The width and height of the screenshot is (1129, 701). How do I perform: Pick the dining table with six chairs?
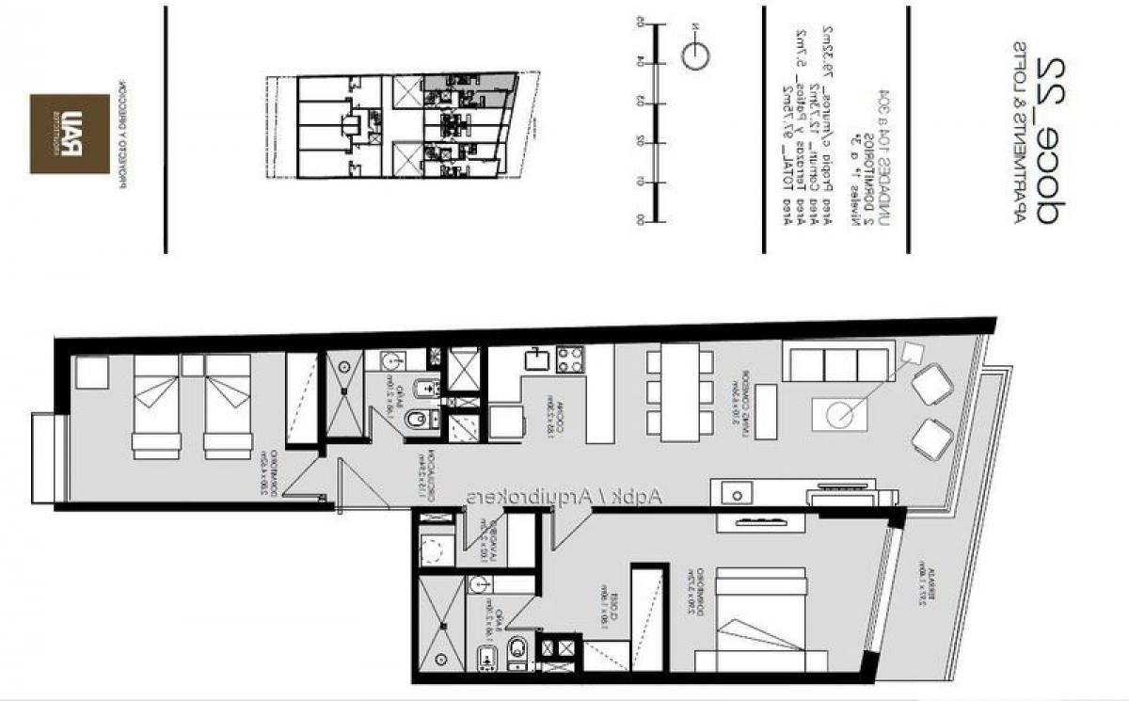(679, 391)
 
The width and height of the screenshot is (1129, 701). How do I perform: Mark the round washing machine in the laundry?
(436, 550)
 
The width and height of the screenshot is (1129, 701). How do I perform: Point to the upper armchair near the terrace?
(932, 385)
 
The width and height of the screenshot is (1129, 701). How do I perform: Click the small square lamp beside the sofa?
(911, 355)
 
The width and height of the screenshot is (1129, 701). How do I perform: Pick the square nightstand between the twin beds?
(193, 365)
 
